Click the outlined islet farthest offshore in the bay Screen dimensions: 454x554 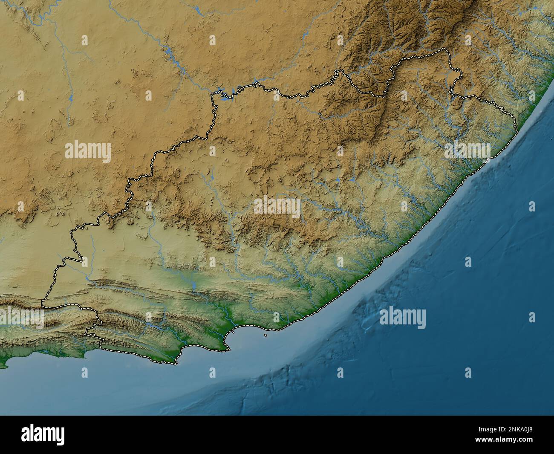tap(266, 335)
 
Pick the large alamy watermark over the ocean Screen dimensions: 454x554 tap(402, 318)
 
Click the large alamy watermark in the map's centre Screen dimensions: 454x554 tap(277, 207)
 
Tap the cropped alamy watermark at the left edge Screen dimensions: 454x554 tap(21, 318)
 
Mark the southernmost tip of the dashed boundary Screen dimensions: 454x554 tap(175, 364)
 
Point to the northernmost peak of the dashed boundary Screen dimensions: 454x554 tap(446, 49)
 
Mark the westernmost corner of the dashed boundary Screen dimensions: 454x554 tap(43, 304)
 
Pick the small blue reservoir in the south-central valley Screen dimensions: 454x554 tap(193, 283)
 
